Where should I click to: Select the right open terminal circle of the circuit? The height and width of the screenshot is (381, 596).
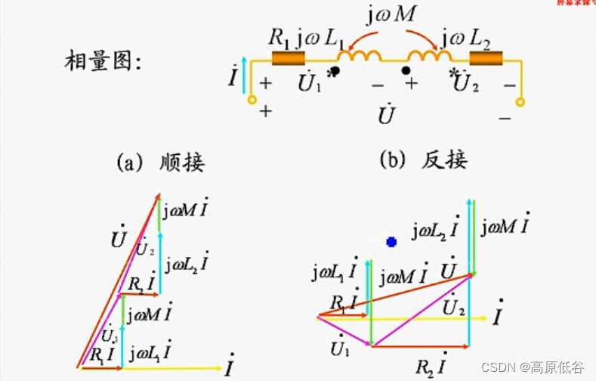click(x=520, y=101)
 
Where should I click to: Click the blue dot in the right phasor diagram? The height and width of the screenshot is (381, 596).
click(x=391, y=242)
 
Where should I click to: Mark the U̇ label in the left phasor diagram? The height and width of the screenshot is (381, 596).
click(x=118, y=240)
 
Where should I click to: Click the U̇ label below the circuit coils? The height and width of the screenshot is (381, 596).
click(x=387, y=116)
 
